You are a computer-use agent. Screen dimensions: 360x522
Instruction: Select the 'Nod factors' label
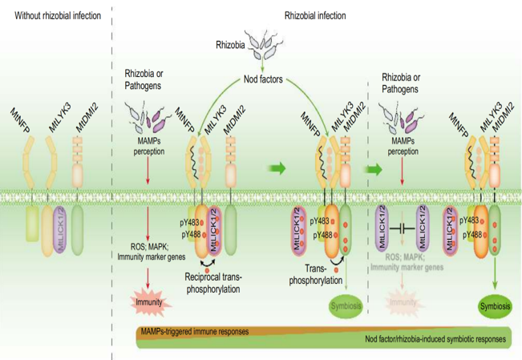pos(267,79)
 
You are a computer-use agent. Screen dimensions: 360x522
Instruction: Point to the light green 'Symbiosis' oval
pos(345,306)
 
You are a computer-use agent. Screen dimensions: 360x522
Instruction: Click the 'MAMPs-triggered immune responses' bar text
pos(193,330)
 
